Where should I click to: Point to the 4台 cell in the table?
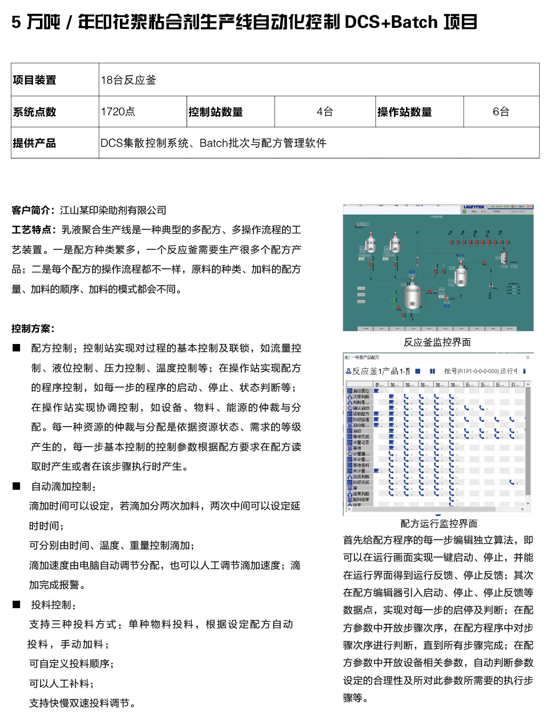(x=325, y=112)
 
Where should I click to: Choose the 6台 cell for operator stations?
(x=501, y=112)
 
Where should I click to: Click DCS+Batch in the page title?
(x=391, y=22)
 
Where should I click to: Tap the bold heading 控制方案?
(x=33, y=329)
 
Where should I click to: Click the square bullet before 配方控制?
(x=17, y=348)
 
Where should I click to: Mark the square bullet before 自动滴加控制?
(x=17, y=486)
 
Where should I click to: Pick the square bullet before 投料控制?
(x=17, y=604)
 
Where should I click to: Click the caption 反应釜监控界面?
(x=437, y=342)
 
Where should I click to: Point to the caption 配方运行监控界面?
(x=439, y=524)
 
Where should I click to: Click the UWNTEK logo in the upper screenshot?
(x=474, y=207)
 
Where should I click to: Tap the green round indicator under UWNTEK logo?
(x=464, y=211)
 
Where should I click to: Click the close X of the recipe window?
(x=527, y=357)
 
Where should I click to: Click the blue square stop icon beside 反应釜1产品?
(x=418, y=371)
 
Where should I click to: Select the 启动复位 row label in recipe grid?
(x=361, y=391)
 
